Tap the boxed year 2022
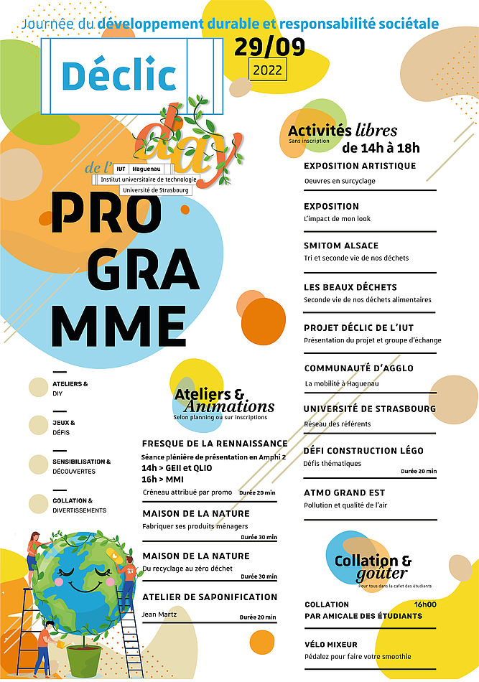[x=269, y=70]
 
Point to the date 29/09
[x=269, y=47]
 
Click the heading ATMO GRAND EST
[x=344, y=492]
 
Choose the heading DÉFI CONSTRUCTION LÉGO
[x=363, y=451]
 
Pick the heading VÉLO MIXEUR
[x=330, y=645]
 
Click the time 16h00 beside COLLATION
[x=425, y=604]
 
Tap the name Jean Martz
[x=159, y=615]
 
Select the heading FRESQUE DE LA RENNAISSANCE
[x=215, y=444]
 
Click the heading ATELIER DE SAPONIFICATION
[x=210, y=597]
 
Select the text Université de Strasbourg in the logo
[x=156, y=190]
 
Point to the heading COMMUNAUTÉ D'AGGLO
[x=358, y=368]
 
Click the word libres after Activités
[x=376, y=131]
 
